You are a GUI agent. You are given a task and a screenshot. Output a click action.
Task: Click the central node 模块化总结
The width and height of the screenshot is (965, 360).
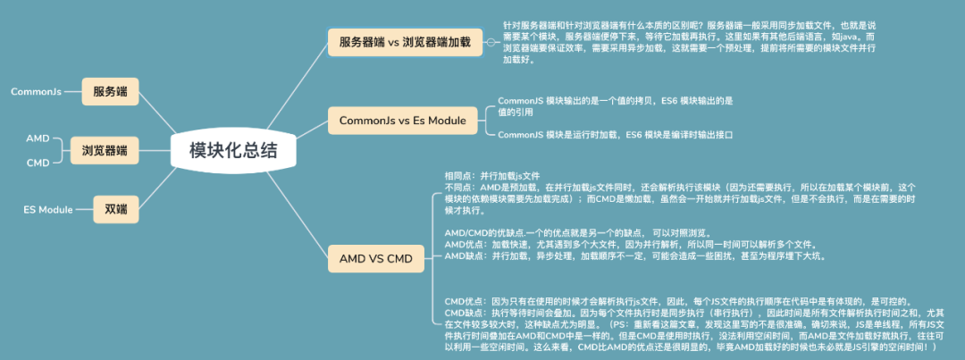233,151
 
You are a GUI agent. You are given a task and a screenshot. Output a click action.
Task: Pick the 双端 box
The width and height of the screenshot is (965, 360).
115,209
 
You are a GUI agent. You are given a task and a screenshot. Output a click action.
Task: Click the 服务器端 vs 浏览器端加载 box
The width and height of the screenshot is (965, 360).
405,41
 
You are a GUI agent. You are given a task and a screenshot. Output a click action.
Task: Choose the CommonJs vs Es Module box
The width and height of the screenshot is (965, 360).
402,120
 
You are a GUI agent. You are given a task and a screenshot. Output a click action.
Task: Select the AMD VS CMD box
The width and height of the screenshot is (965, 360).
375,259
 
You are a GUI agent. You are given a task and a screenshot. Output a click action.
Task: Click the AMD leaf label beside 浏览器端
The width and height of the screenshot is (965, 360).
38,138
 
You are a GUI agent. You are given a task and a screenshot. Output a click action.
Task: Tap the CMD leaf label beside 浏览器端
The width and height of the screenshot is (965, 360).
38,163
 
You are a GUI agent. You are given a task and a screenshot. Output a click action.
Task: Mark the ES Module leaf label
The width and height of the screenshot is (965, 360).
48,209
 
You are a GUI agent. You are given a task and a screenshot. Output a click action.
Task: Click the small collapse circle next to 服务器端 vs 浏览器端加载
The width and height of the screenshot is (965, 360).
491,41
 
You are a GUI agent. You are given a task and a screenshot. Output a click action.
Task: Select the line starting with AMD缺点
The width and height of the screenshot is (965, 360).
634,255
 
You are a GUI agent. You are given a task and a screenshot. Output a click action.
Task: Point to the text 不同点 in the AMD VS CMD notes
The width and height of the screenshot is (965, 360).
460,188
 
